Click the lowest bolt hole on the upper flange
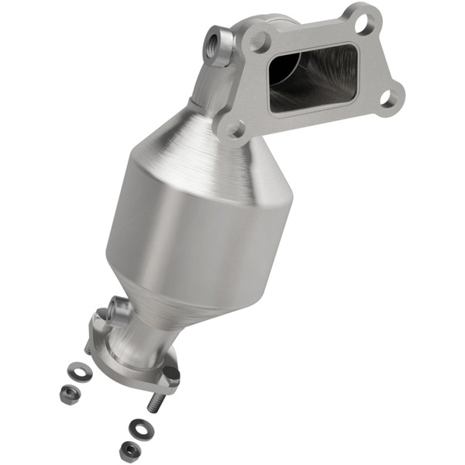233,128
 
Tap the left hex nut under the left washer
69,394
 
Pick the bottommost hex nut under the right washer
129,449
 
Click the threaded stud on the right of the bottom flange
155,402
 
